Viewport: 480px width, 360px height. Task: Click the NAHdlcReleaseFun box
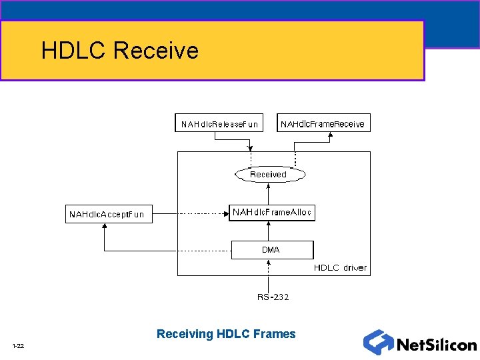pyautogui.click(x=218, y=123)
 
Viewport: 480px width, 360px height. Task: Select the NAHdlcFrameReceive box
pyautogui.click(x=323, y=123)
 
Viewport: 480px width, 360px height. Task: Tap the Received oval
pyautogui.click(x=269, y=175)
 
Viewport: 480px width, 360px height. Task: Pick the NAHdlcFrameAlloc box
pyautogui.click(x=271, y=213)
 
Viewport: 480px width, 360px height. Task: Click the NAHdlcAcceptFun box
pyautogui.click(x=107, y=214)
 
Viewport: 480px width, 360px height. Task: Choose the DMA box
pyautogui.click(x=271, y=250)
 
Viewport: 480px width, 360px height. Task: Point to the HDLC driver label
pyautogui.click(x=340, y=268)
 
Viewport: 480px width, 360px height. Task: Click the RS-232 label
pyautogui.click(x=273, y=297)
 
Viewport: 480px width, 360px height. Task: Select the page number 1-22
pyautogui.click(x=18, y=345)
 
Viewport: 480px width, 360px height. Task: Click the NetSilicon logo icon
pyautogui.click(x=377, y=342)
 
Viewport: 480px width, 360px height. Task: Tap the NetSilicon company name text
pyautogui.click(x=437, y=345)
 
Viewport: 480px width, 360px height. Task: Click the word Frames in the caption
pyautogui.click(x=275, y=334)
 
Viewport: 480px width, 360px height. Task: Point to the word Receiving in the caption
pyautogui.click(x=185, y=334)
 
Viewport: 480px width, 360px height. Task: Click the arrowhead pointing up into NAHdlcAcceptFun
pyautogui.click(x=104, y=227)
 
